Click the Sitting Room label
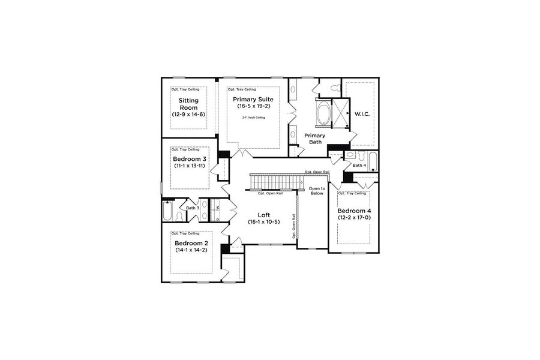(x=189, y=104)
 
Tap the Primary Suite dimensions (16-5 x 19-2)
(x=253, y=106)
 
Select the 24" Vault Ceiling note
(x=253, y=118)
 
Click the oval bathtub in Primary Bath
(x=322, y=113)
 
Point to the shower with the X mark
(x=343, y=112)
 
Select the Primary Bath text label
(x=314, y=139)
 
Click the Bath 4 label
(x=359, y=165)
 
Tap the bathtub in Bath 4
(x=373, y=161)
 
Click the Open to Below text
(x=316, y=191)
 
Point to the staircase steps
(x=274, y=181)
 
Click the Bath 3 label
(x=192, y=208)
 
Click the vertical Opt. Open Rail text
(x=293, y=226)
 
